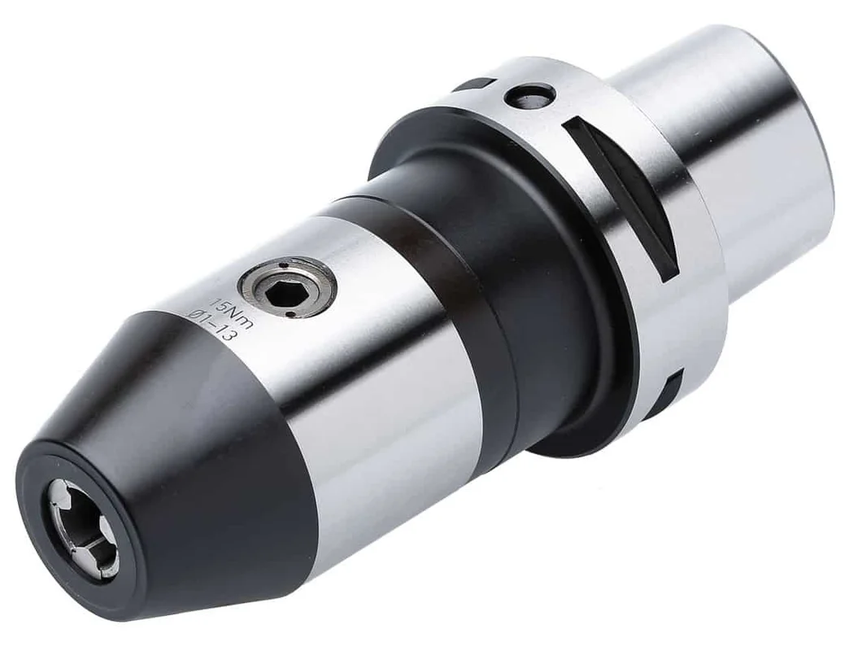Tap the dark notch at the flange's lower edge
[672, 390]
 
